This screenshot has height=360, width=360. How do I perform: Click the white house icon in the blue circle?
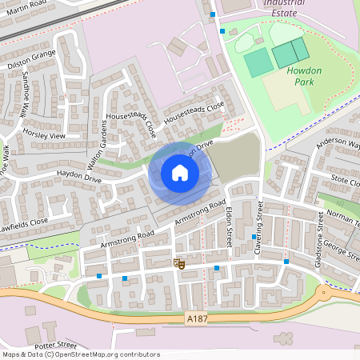(x=180, y=173)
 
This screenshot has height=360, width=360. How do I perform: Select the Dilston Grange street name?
(x=31, y=57)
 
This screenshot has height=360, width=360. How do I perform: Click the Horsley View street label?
(x=44, y=134)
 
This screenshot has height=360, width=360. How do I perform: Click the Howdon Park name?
(x=304, y=76)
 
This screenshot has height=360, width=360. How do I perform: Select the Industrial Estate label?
(x=285, y=8)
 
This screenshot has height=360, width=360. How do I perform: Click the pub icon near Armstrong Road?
(x=180, y=263)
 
